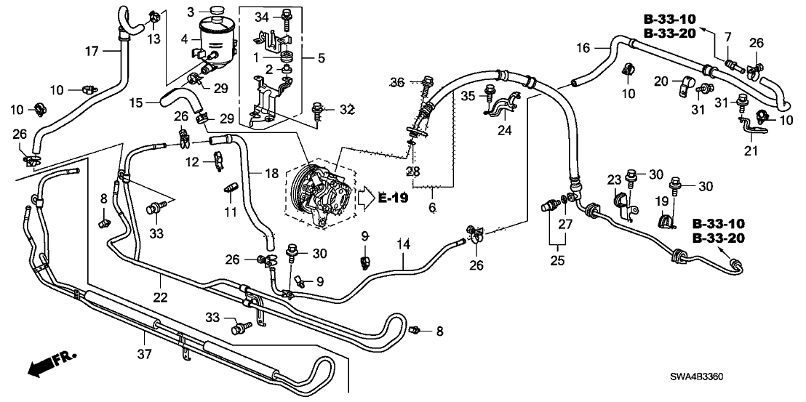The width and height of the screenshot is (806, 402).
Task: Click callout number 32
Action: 348,110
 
